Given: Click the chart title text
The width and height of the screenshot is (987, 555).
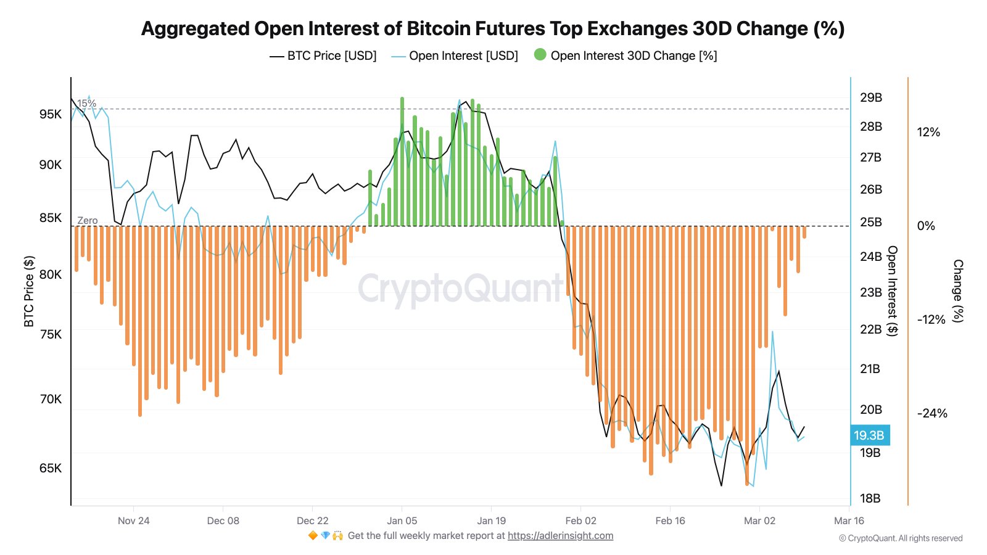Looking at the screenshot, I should [493, 29].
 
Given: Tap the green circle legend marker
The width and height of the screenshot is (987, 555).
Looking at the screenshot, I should [540, 55].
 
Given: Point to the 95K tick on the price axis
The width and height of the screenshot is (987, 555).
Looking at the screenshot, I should [51, 114].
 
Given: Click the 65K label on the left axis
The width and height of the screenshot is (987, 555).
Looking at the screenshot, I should [51, 468].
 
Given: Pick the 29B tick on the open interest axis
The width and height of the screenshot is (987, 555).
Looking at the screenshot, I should [871, 97].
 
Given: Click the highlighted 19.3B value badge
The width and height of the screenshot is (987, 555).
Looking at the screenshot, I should [869, 435].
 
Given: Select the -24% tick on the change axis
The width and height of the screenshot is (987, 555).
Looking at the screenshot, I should [931, 413].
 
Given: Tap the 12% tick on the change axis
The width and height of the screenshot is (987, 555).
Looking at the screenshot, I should [928, 132].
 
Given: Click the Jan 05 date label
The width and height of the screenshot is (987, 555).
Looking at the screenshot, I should [402, 520].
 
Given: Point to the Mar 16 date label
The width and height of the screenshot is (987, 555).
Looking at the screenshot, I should [849, 520].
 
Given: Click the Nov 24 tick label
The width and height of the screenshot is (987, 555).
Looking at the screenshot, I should [134, 520].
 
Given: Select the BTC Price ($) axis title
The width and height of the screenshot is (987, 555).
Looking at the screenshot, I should [29, 291].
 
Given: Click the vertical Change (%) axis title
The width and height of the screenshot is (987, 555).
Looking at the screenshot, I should [958, 291].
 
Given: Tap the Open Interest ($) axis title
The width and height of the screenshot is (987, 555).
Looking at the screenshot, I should [892, 291].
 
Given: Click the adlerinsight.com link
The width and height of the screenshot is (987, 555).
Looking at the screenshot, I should [560, 536].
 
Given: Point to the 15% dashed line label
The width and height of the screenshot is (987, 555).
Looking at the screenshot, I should [86, 104].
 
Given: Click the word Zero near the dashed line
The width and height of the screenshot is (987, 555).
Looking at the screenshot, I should [87, 220].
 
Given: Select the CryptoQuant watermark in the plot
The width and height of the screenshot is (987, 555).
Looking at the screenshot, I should [460, 289].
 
